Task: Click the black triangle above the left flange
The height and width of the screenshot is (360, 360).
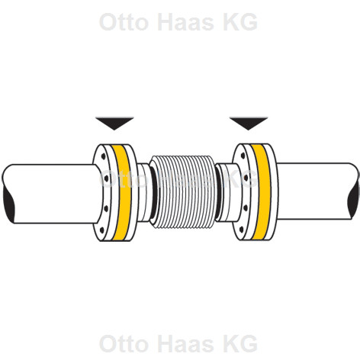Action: (114, 123)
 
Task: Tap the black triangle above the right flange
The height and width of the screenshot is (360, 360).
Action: (249, 123)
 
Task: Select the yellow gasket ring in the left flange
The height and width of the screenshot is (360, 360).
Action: (122, 192)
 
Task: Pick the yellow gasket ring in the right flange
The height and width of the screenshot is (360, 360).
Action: (261, 192)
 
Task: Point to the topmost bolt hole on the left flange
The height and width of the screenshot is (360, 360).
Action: (103, 156)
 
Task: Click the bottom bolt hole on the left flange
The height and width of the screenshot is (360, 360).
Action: (102, 230)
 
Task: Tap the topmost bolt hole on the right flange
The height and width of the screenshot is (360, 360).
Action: (243, 156)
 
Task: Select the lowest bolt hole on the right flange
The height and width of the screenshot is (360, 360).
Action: (242, 230)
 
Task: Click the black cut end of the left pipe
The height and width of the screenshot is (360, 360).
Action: (8, 204)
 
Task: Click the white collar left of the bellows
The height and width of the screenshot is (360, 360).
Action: (144, 192)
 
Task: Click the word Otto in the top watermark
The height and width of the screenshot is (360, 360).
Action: (124, 22)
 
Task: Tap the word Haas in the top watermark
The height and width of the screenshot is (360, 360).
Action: (186, 22)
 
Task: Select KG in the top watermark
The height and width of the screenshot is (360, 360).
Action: (240, 22)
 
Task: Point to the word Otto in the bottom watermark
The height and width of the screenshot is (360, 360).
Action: (124, 343)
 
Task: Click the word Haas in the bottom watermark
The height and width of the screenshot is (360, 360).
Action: (186, 343)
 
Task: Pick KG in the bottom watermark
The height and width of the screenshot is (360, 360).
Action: (240, 343)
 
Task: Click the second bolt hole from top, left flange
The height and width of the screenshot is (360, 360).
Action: (106, 178)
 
